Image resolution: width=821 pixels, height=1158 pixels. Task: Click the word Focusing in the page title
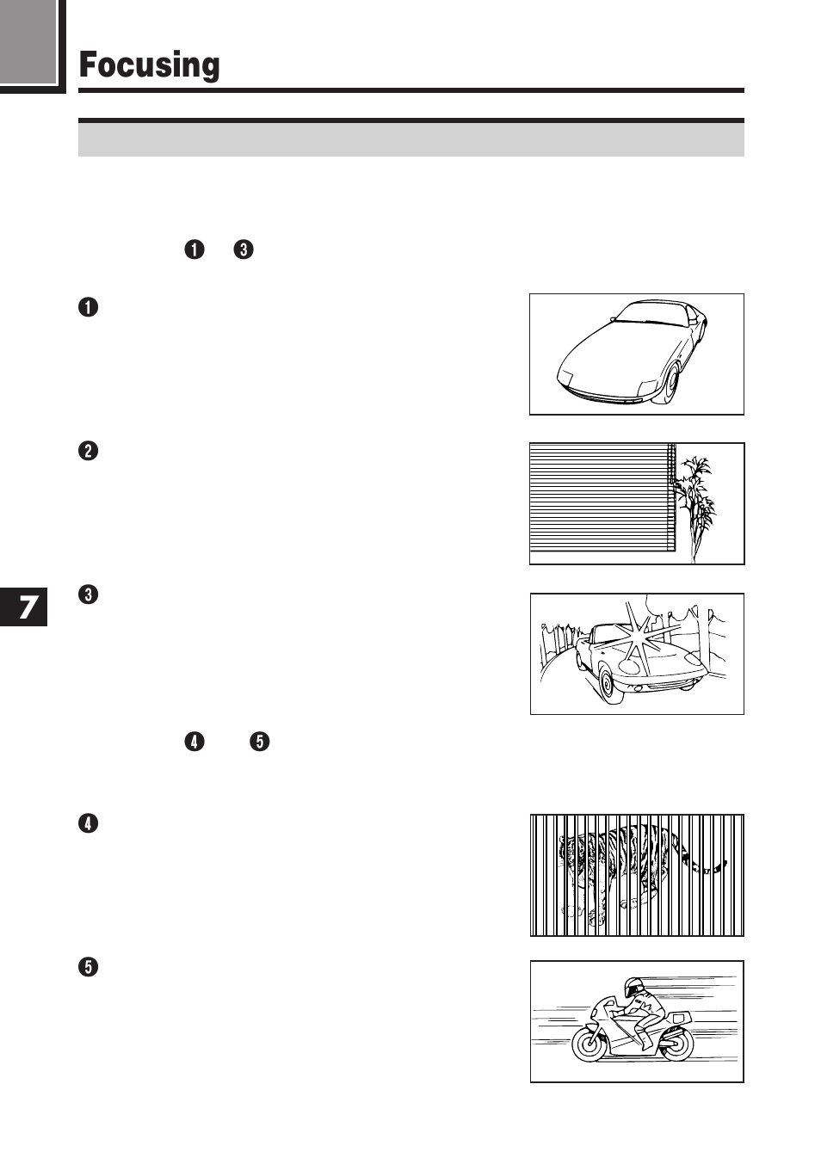coord(149,65)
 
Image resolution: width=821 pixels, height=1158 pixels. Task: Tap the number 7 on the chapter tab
coord(28,607)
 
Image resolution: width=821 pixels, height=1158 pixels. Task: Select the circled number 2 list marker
coord(88,451)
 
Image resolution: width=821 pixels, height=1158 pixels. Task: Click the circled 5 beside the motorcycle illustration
coord(88,967)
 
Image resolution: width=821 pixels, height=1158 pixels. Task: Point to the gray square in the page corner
coord(28,40)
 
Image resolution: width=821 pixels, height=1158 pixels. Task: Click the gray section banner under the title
coord(410,139)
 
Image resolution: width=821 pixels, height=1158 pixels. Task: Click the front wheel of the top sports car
coord(670,385)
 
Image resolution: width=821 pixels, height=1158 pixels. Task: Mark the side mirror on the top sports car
coord(613,319)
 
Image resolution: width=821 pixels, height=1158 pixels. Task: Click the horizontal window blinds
coord(600,499)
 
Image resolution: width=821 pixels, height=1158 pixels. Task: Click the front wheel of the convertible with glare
coord(608,684)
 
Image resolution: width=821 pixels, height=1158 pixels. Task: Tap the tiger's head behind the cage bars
coord(572,852)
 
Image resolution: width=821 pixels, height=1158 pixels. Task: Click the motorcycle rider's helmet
coord(633,987)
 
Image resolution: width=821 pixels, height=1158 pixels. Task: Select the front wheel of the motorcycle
coord(590,1044)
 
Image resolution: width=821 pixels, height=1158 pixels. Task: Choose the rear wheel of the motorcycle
coord(676,1043)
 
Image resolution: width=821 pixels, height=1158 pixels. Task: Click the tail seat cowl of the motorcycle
coord(680,1019)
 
